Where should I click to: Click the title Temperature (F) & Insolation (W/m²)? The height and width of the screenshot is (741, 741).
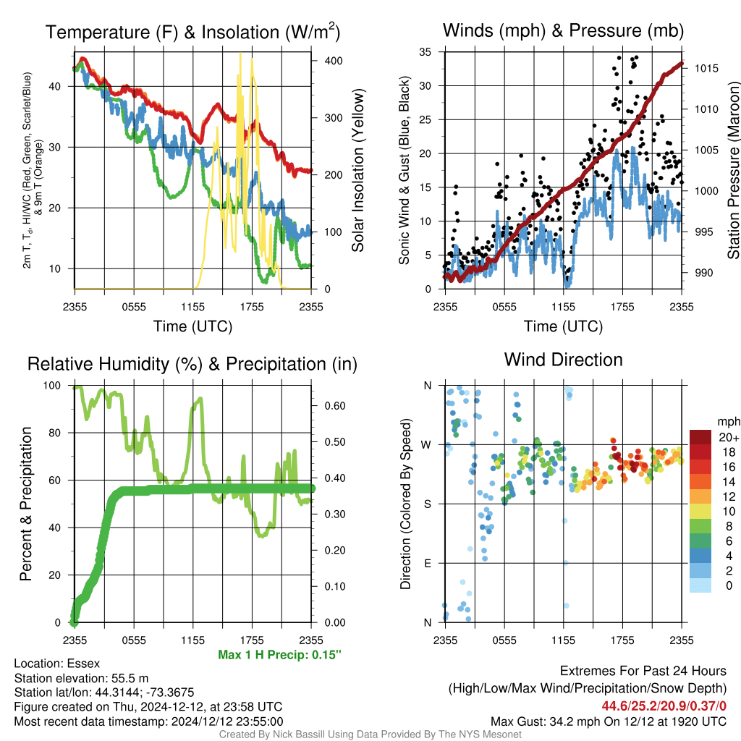[x=192, y=32]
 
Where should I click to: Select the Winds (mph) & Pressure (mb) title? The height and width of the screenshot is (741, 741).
[x=563, y=30]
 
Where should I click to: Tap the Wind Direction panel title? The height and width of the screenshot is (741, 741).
[x=563, y=360]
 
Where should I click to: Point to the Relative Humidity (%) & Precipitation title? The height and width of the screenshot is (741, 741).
[x=192, y=364]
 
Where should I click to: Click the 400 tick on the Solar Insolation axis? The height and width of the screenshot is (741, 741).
[x=334, y=61]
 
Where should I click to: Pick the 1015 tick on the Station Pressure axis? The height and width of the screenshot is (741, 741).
[x=706, y=69]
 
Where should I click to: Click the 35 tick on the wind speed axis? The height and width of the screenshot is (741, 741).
[x=425, y=52]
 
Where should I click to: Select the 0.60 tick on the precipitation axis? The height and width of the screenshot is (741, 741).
[x=334, y=406]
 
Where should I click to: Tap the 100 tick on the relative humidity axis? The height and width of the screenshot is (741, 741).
[x=52, y=386]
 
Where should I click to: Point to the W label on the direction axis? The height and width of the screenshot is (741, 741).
[x=426, y=445]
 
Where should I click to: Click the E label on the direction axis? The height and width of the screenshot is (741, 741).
[x=428, y=563]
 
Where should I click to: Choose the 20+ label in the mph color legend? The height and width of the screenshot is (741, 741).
[x=729, y=437]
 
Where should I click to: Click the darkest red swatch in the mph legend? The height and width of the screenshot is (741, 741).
[x=700, y=437]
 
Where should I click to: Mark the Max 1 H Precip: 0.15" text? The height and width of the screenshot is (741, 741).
[x=279, y=654]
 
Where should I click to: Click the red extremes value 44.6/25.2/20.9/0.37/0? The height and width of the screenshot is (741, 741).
[x=664, y=706]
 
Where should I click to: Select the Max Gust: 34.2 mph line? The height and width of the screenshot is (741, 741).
[x=609, y=721]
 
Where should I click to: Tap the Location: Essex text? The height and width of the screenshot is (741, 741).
[x=56, y=664]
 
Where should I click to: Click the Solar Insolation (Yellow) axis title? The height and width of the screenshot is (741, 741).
[x=357, y=170]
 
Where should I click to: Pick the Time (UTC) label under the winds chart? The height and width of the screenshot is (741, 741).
[x=563, y=326]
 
